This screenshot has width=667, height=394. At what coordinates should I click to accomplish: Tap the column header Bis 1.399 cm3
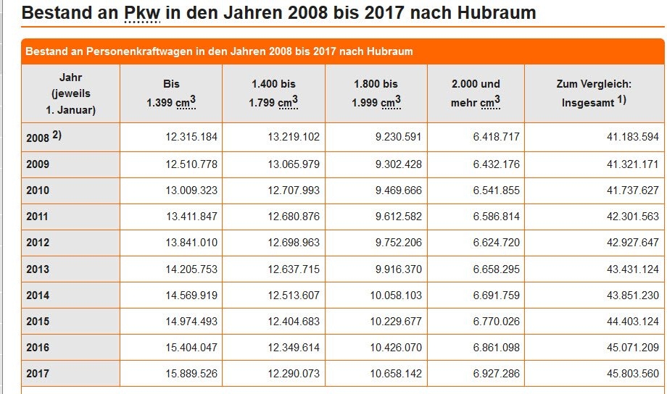click(x=171, y=93)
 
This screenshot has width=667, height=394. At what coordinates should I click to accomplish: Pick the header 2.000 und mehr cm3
click(x=476, y=93)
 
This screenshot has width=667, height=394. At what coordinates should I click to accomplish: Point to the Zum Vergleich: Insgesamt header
click(x=594, y=93)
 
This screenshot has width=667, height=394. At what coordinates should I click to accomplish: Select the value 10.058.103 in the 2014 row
click(x=394, y=295)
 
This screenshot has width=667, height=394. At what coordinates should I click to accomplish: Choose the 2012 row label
click(x=38, y=243)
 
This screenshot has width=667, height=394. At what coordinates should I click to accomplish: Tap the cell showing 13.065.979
click(x=293, y=164)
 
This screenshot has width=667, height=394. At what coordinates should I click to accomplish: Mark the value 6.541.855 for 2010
click(x=496, y=190)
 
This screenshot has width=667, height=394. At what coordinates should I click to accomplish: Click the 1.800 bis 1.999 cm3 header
click(x=376, y=93)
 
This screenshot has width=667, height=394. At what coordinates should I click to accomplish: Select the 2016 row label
click(x=38, y=348)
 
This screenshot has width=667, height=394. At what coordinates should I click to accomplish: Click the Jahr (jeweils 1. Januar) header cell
click(x=70, y=93)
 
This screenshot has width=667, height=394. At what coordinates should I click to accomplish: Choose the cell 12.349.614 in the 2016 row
click(x=293, y=348)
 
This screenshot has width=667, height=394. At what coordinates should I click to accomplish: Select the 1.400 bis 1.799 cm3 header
click(x=273, y=93)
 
